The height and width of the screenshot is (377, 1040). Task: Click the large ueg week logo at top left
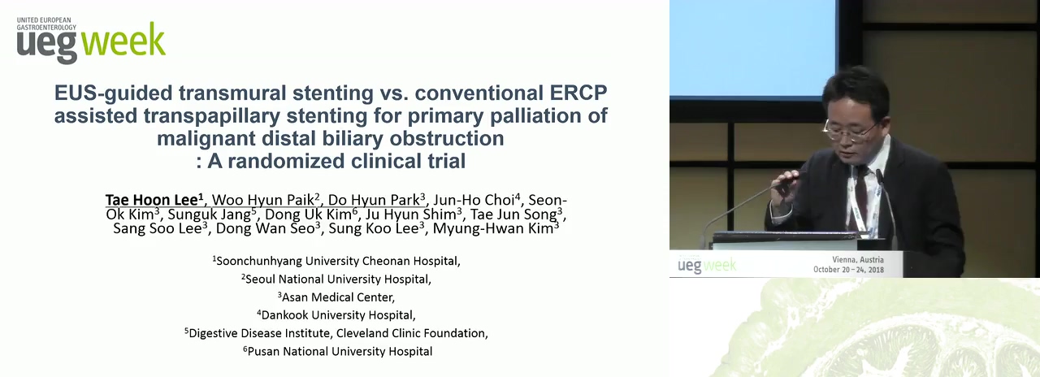pos(91,41)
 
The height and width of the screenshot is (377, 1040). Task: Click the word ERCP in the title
pos(578,93)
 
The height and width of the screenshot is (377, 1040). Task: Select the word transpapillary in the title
pos(212,116)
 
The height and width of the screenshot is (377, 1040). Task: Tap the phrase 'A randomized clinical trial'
pos(336,161)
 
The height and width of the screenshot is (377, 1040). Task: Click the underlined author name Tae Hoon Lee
pos(154,200)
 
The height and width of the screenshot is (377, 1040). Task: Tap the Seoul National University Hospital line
pos(336,279)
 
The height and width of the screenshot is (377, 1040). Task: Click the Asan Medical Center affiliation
pos(336,297)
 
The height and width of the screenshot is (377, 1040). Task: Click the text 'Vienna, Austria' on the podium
pos(858,259)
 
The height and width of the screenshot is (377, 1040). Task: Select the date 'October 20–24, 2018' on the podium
pos(849,270)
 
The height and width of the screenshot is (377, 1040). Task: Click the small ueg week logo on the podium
pos(707,266)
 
